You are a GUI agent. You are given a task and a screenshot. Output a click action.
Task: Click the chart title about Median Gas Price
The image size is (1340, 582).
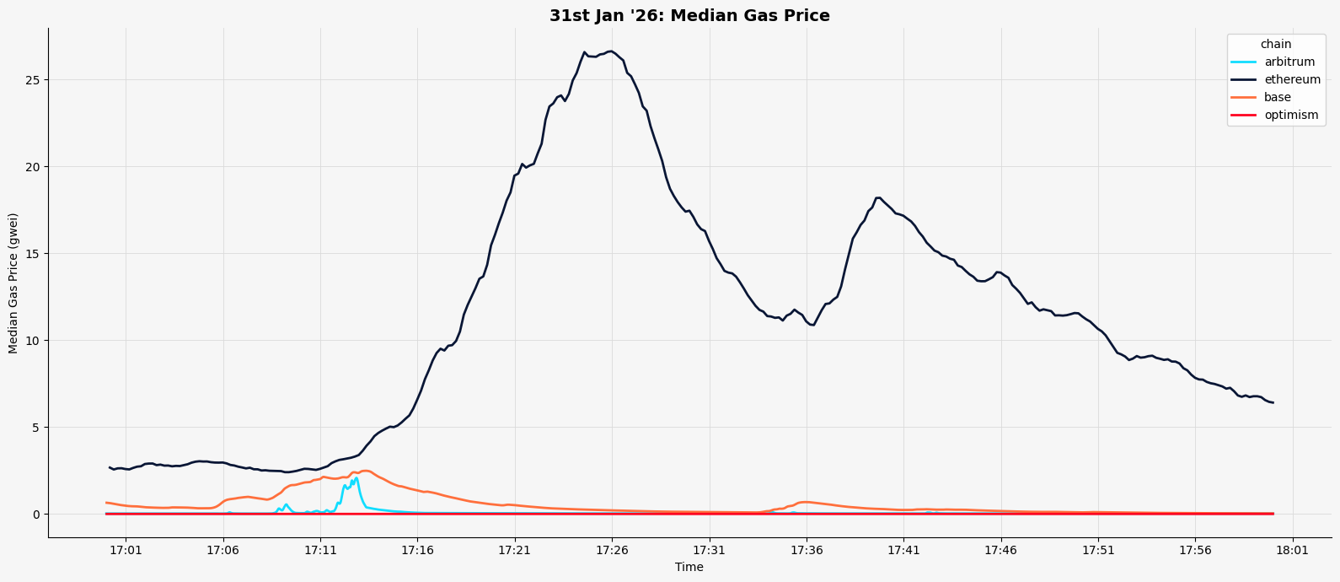pos(689,16)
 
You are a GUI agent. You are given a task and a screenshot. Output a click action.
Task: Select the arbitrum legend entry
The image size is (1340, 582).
pos(1289,62)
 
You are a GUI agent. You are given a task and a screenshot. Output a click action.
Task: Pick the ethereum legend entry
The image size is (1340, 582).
pos(1292,80)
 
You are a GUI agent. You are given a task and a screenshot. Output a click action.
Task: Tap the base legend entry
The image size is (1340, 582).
pos(1277,98)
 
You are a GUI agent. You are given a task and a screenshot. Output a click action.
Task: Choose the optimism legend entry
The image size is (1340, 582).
pos(1290,116)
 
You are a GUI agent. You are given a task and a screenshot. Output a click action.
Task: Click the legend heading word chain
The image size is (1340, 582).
pos(1275,45)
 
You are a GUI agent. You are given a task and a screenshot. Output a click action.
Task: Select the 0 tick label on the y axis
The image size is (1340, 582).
pos(37,515)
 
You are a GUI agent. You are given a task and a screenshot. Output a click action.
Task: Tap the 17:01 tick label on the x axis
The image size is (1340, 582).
pos(126,551)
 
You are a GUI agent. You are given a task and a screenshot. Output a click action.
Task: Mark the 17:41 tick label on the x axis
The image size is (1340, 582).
pos(903,551)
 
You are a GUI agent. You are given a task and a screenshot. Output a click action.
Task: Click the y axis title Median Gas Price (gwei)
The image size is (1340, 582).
pos(13,283)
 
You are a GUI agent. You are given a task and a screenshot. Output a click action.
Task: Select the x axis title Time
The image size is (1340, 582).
pos(689,568)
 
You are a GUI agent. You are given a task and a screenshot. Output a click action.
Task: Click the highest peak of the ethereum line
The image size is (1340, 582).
pos(610,51)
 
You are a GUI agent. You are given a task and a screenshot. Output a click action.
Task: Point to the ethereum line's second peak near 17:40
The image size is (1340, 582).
pos(878,197)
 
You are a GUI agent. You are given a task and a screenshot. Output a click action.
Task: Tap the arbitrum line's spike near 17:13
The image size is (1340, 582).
pos(356,478)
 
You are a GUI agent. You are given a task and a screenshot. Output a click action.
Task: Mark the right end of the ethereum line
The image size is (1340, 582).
pos(1273,402)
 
